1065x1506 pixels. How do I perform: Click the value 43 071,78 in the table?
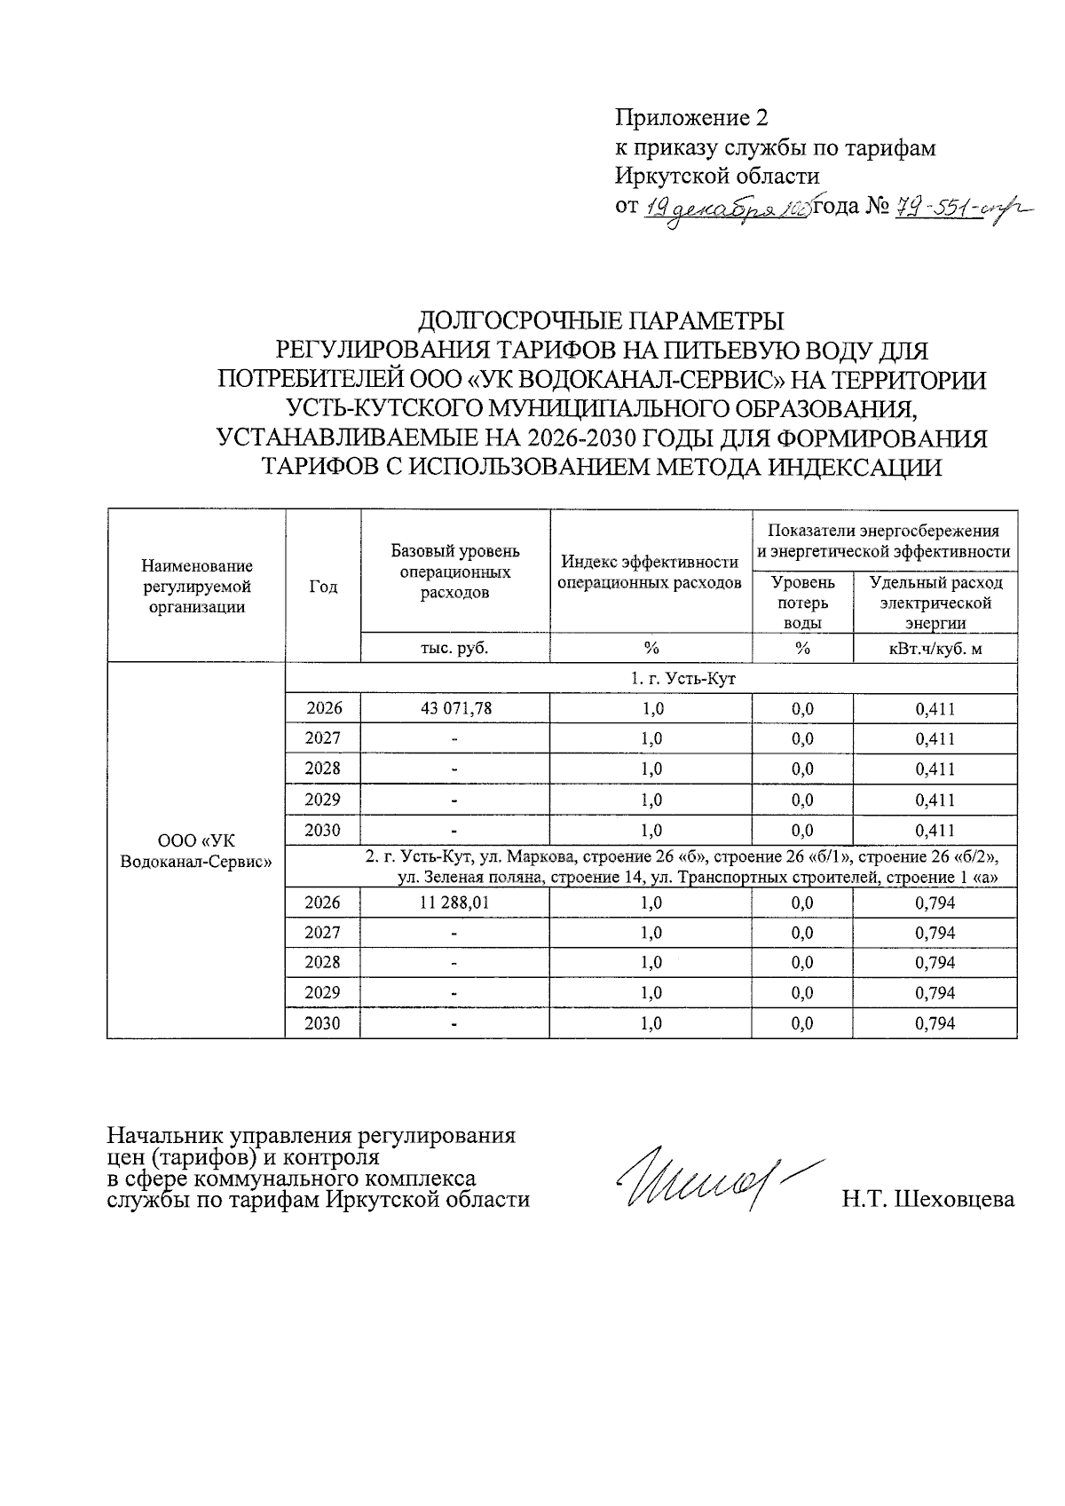tap(454, 708)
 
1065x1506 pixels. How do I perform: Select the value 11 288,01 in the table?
tap(454, 903)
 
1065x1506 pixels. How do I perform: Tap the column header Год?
tap(323, 587)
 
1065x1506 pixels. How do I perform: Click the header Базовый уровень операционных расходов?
tap(454, 572)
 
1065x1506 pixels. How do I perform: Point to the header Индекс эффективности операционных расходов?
tap(651, 572)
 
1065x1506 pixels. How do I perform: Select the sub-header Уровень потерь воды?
tap(802, 602)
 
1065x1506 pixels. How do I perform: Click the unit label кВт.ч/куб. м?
tap(935, 649)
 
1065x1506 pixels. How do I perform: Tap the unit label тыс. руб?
tap(454, 649)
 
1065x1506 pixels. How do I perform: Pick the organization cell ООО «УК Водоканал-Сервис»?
tap(195, 850)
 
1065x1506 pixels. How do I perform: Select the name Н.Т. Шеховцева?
tap(927, 1200)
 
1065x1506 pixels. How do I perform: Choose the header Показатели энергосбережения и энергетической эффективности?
tap(883, 540)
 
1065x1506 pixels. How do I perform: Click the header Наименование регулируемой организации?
tap(196, 587)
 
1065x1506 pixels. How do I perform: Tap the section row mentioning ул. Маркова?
tap(683, 867)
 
